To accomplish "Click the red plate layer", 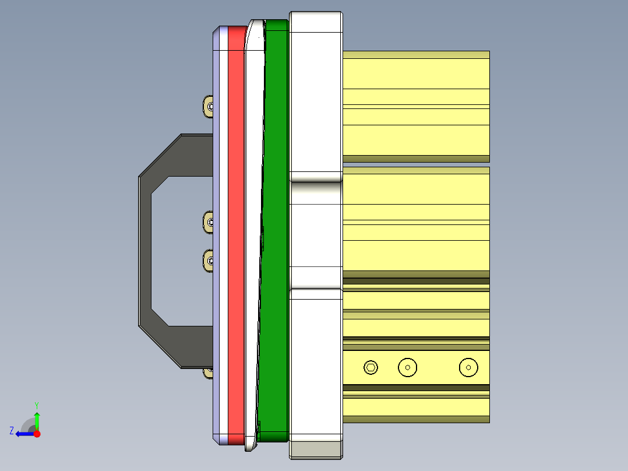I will click(235, 233).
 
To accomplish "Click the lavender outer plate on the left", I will click(219, 233).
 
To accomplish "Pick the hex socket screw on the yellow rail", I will click(371, 367).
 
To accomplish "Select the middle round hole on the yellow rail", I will click(408, 367).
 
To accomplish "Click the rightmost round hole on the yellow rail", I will click(468, 367).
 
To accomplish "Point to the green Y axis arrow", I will click(37, 419).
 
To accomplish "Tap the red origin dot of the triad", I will click(37, 434).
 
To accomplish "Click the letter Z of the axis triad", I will click(12, 431).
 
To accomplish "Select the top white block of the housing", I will click(315, 93).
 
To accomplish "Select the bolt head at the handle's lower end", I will click(207, 372).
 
